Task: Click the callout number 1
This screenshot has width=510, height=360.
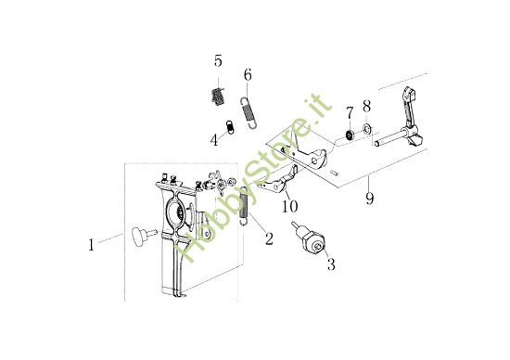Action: pyautogui.click(x=92, y=246)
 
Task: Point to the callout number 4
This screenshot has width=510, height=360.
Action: pyautogui.click(x=214, y=141)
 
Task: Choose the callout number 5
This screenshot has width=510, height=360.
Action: pyautogui.click(x=218, y=61)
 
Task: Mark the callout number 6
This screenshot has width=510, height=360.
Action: pyautogui.click(x=248, y=73)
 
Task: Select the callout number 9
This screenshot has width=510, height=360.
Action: pyautogui.click(x=369, y=198)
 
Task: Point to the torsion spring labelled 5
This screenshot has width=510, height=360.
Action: pyautogui.click(x=219, y=96)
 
